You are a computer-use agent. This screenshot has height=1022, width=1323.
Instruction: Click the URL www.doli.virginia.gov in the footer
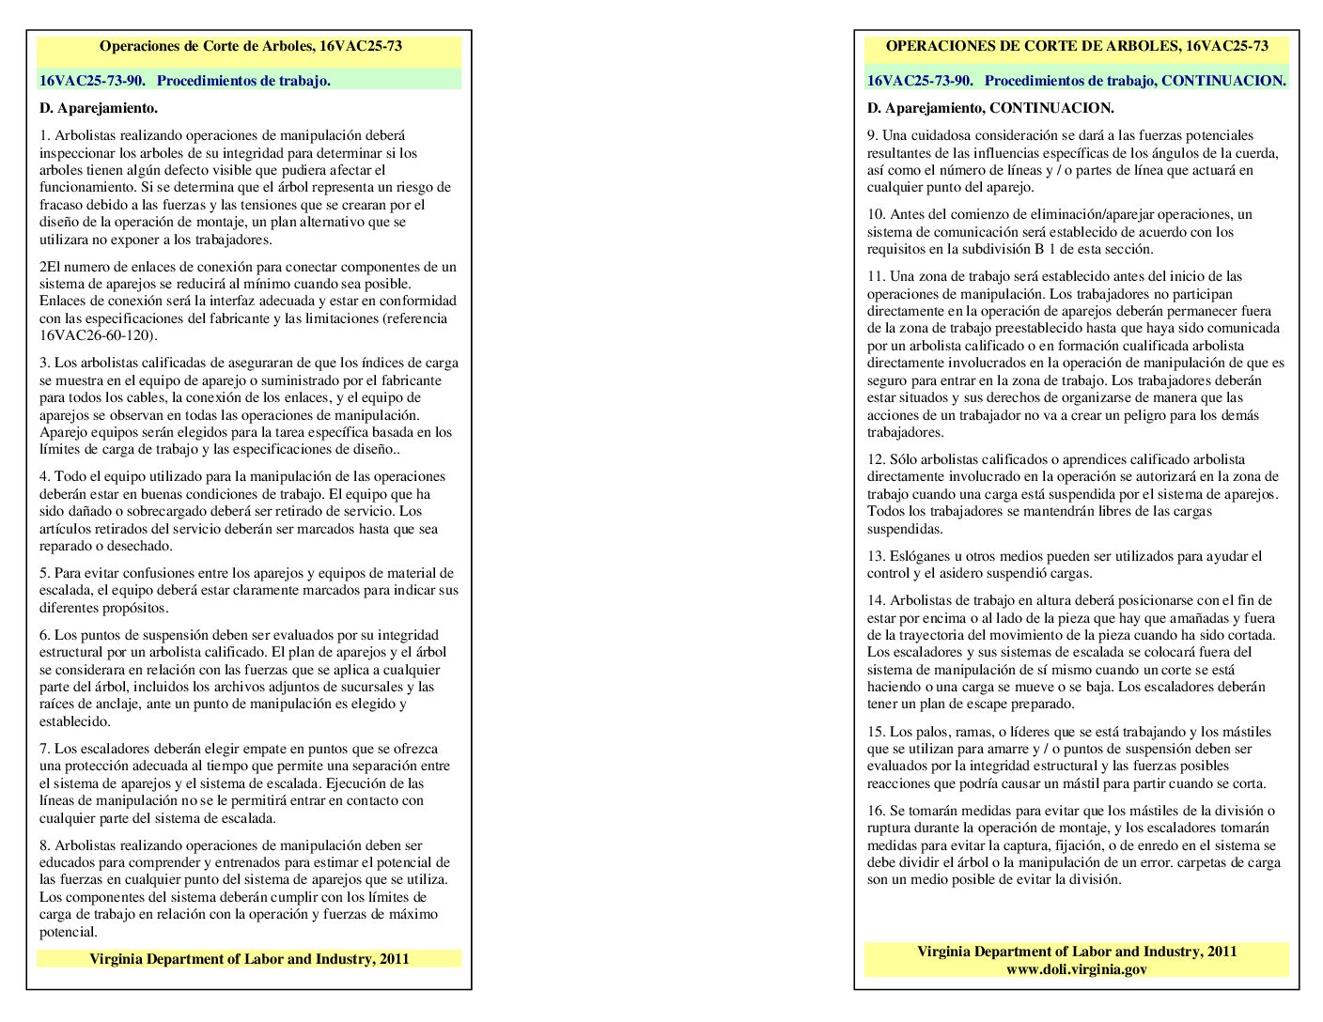1076,968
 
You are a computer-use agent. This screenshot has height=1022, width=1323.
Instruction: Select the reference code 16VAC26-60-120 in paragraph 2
97,335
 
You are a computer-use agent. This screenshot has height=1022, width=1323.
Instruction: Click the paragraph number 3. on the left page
44,363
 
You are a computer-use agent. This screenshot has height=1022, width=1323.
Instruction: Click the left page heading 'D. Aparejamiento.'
99,108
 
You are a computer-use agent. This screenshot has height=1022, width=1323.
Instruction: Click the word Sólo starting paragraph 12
903,459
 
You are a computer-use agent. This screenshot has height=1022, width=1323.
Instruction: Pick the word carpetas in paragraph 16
1208,862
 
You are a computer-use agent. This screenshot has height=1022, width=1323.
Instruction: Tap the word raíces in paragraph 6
56,704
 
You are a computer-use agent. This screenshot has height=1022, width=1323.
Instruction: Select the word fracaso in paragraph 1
63,205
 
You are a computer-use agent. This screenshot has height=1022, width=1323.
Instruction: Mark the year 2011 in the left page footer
394,959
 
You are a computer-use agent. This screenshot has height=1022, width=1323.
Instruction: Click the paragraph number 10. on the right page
876,214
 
